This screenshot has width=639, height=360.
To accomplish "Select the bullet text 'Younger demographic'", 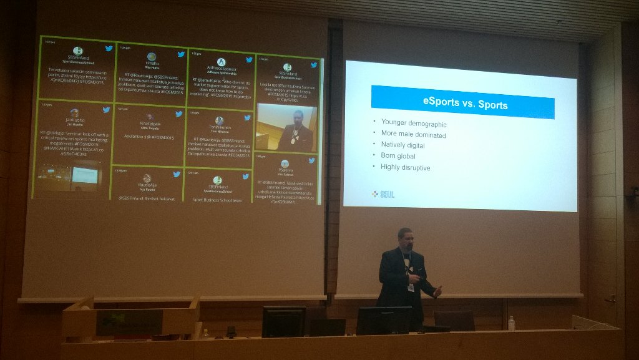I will (413, 124).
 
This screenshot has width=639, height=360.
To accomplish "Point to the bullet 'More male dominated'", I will (413, 134).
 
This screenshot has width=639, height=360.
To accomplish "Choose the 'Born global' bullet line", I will (398, 156).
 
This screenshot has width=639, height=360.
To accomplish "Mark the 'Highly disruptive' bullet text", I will (405, 167).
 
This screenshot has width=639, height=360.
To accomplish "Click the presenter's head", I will (405, 238).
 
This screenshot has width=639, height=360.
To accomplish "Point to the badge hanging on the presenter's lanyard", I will (411, 288).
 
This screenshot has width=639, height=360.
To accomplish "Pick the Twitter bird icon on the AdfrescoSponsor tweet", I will (249, 60).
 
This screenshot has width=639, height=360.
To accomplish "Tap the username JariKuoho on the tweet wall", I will (76, 120).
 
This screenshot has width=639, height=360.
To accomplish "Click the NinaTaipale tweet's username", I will (149, 124).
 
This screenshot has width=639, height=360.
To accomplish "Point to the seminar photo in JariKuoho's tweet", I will (71, 175).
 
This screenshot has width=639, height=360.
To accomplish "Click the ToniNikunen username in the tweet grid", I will (220, 127).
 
